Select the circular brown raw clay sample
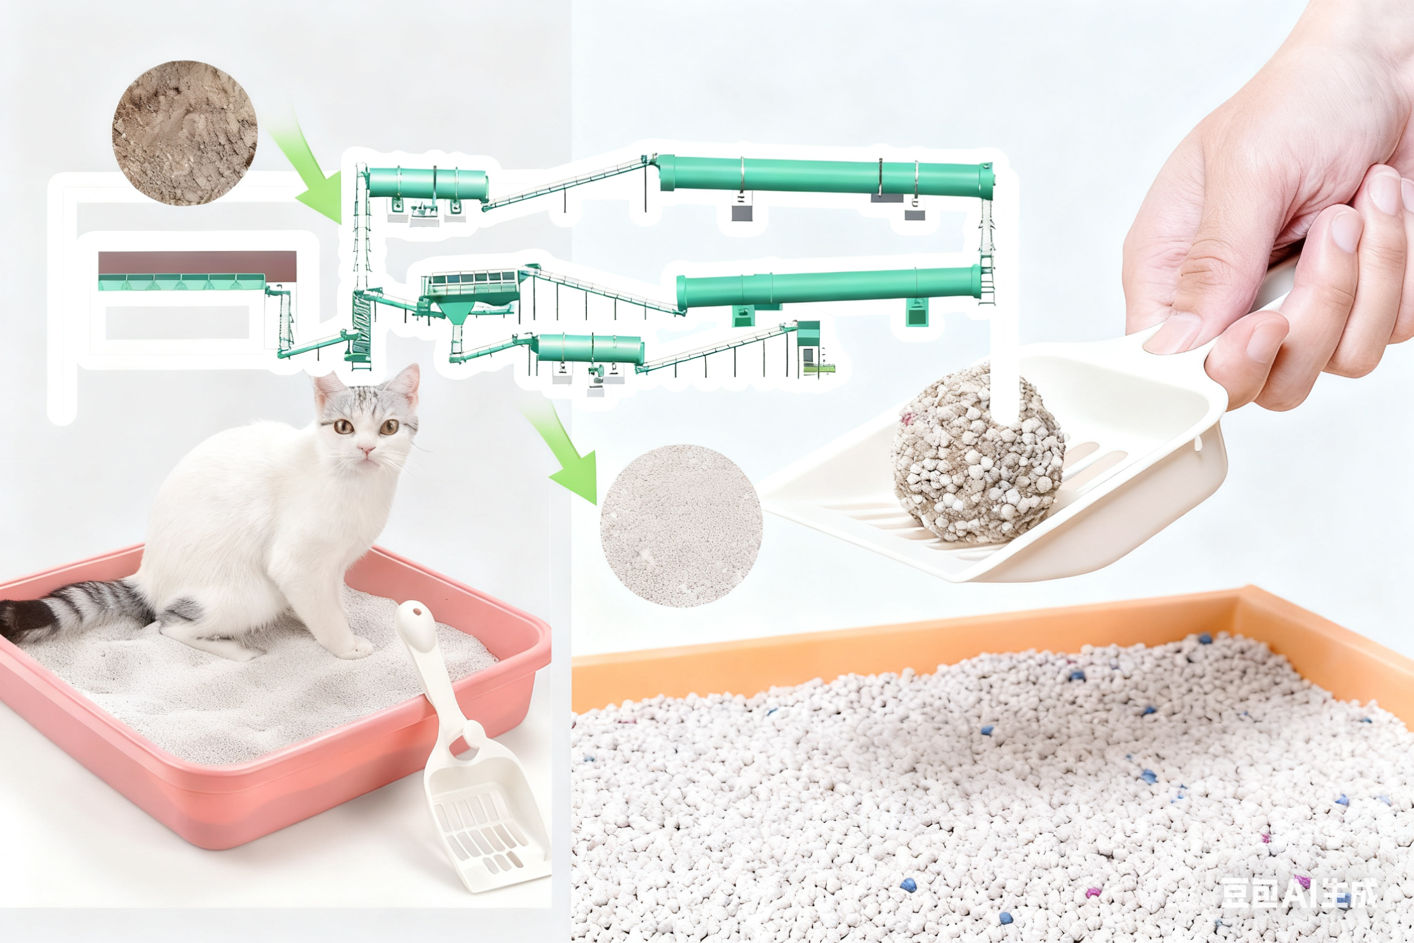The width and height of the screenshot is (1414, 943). coord(184,133)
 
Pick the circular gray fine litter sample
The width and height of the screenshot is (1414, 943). coord(681,525)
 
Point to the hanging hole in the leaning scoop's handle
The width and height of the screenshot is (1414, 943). coord(417,614)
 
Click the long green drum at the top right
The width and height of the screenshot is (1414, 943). coord(824,175)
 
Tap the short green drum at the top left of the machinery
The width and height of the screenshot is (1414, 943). coord(427,183)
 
